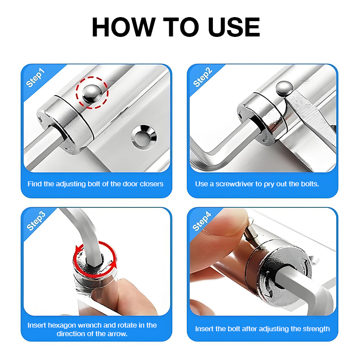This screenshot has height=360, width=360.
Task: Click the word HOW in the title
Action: click(x=123, y=27)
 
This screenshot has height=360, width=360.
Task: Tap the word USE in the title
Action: click(x=234, y=27)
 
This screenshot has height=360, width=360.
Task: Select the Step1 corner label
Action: click(x=35, y=77)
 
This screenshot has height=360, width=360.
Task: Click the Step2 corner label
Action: click(x=202, y=77)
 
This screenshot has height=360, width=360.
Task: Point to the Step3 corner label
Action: click(x=36, y=221)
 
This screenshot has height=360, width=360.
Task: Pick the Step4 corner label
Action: click(x=202, y=221)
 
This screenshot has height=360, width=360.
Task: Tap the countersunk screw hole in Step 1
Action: click(x=144, y=137)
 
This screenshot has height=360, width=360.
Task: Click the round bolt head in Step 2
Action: click(x=284, y=88)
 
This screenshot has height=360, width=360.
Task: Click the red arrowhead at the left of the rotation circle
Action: click(x=79, y=249)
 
